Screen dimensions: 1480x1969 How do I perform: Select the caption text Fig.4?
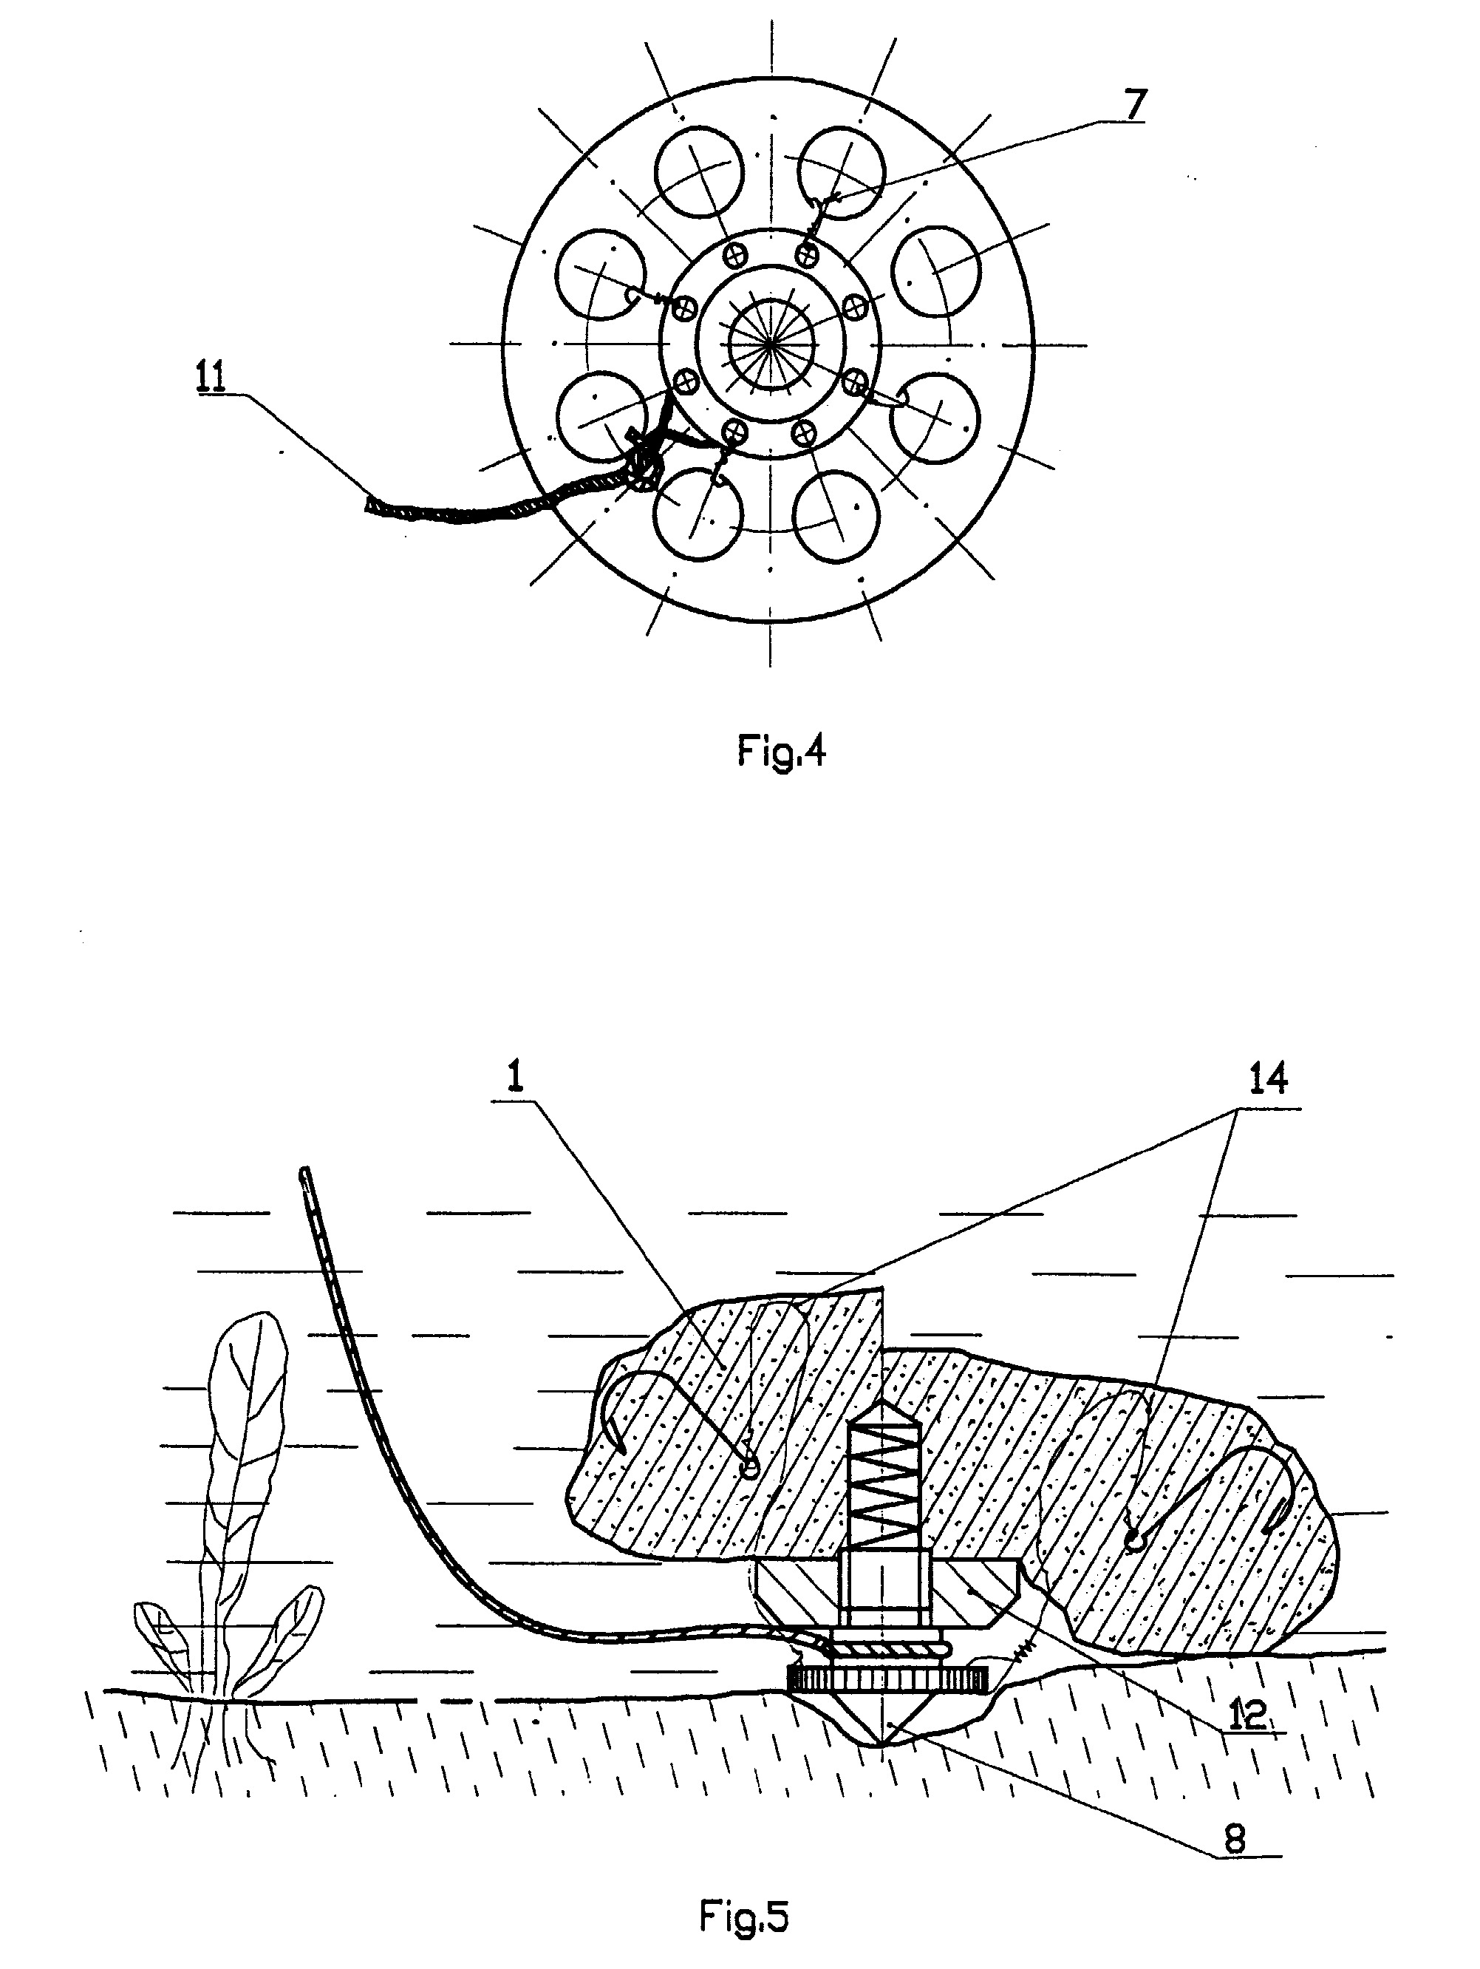click(x=782, y=753)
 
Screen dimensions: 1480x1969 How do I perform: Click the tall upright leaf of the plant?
click(x=249, y=1424)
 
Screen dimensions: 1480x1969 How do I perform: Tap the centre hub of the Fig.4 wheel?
click(x=771, y=343)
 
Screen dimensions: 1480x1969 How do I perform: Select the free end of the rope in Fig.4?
click(x=370, y=506)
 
